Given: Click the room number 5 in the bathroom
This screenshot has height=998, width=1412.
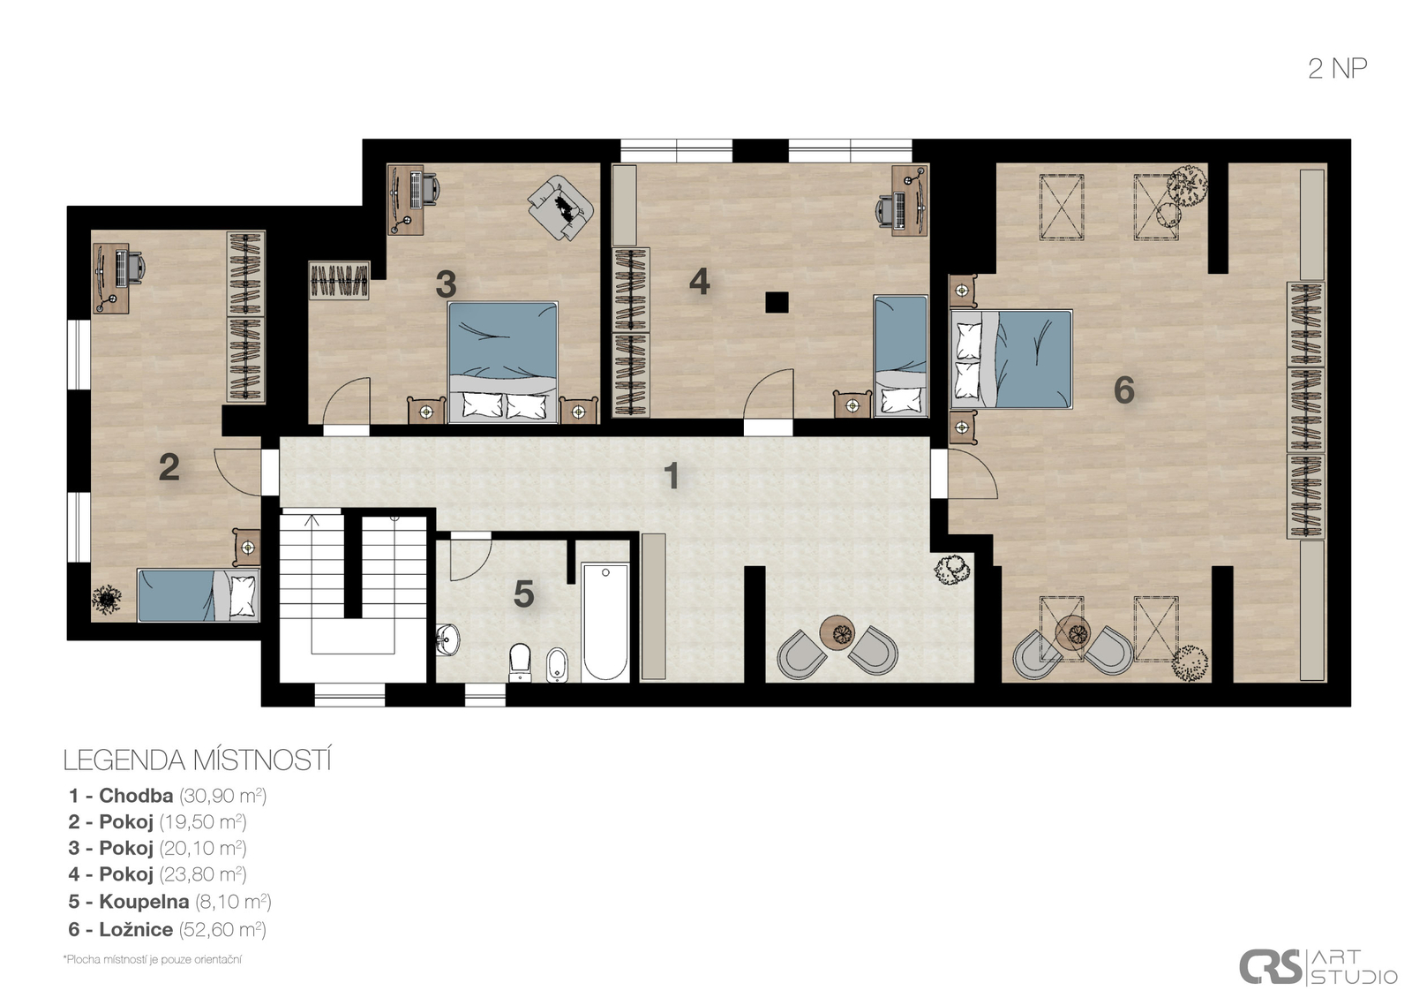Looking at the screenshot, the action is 524,594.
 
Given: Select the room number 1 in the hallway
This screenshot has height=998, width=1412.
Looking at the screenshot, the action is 672,475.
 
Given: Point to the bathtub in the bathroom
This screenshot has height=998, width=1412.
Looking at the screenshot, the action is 605,622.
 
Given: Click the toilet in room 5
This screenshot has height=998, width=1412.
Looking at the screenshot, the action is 520,662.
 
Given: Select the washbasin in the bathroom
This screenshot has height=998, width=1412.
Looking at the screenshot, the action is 448,639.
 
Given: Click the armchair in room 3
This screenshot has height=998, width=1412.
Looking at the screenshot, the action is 560,208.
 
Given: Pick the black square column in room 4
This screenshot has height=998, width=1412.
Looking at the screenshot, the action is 777,302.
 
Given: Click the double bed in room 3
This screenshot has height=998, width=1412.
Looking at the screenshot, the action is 502,363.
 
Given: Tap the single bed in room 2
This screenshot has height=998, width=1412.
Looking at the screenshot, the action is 199,595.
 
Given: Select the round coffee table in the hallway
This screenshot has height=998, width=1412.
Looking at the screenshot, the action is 837,631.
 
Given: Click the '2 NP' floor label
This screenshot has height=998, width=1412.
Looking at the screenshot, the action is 1337,69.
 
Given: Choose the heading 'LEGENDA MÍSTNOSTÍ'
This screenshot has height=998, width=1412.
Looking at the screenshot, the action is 198,760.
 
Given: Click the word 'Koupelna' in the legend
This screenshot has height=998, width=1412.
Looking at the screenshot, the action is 144,902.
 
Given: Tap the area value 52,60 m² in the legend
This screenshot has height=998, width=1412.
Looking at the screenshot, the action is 222,929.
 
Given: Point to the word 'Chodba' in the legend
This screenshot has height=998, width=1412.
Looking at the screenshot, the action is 136,796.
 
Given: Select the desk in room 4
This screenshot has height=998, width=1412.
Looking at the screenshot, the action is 910,200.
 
